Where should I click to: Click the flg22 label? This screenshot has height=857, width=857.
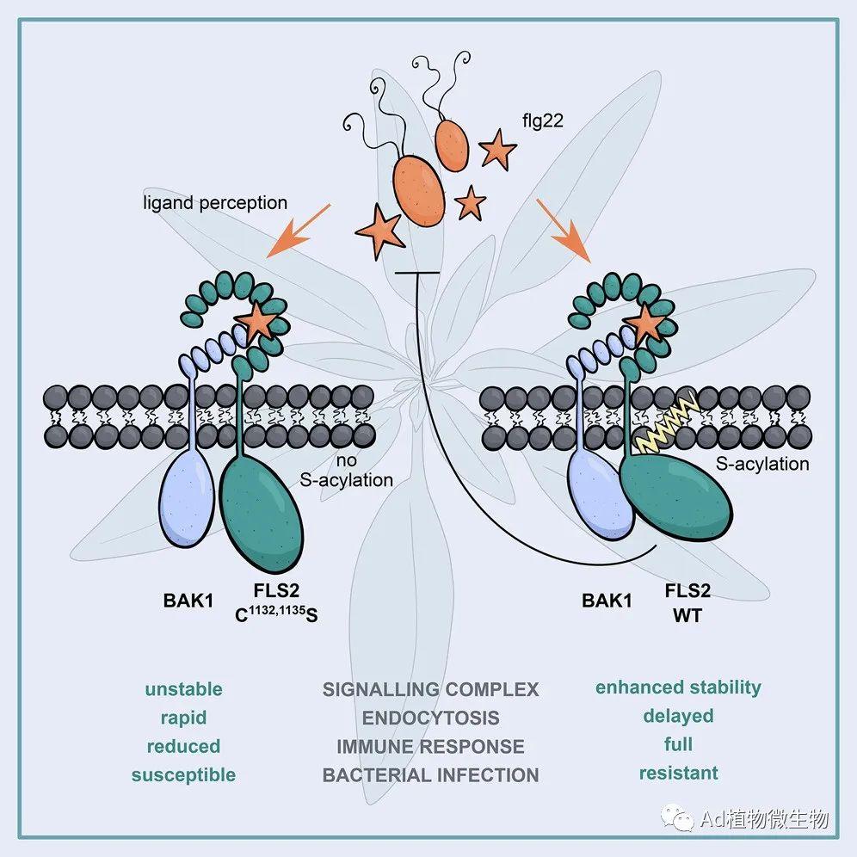pos(541,120)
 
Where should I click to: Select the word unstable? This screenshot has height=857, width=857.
pos(183,689)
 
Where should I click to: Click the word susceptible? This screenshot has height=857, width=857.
pos(183,774)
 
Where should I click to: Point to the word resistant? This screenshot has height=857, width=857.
pos(678,773)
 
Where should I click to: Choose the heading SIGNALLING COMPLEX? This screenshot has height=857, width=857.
pos(430,689)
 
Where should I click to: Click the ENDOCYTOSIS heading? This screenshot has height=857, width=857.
pos(430,718)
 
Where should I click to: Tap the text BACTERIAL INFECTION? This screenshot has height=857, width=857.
pos(430,774)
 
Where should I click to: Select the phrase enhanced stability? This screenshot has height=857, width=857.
pos(678,687)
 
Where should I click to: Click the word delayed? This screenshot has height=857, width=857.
pos(678,716)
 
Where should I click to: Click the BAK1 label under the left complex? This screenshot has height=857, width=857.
pos(188,601)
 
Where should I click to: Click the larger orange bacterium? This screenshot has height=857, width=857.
pos(418,188)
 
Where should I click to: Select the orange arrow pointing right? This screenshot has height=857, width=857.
pos(564,229)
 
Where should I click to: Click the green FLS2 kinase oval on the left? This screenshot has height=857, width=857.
pos(262,513)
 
